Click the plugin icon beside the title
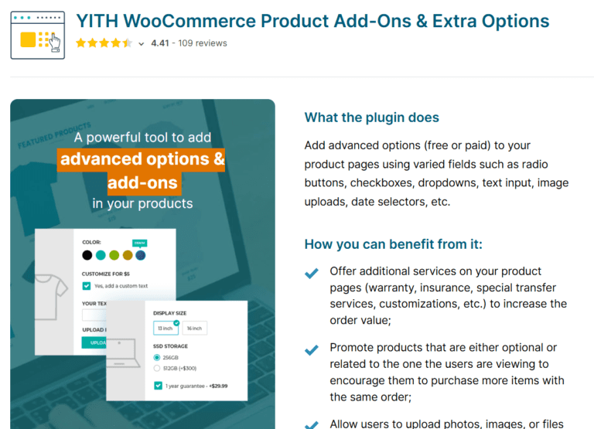38,34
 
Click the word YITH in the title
97,21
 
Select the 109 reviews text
203,43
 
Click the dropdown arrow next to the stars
141,44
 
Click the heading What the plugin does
371,117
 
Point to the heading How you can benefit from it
393,244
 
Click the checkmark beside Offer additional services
312,273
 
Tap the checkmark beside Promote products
312,350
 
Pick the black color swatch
87,255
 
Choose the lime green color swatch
114,255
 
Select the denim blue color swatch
140,255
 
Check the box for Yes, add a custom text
87,286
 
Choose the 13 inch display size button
166,329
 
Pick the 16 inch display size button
194,329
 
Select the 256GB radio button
157,358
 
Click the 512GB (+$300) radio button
157,368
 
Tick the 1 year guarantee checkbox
158,385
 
